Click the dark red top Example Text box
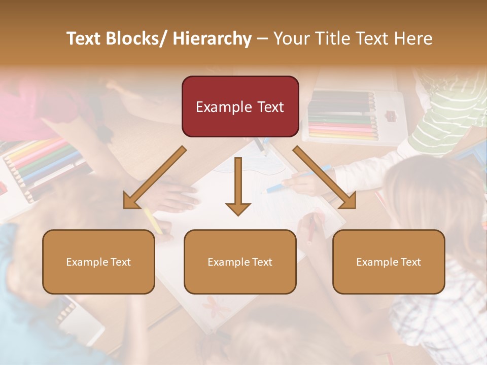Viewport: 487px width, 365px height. click(240, 106)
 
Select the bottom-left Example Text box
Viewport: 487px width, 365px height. click(98, 262)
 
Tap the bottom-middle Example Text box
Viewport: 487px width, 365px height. click(240, 262)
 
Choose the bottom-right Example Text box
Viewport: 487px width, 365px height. click(389, 262)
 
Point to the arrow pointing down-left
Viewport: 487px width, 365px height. click(155, 177)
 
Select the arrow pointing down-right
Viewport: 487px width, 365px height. click(325, 177)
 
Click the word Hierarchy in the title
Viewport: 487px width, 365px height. click(212, 39)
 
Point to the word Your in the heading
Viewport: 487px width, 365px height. click(291, 39)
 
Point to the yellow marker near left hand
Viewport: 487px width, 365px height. click(152, 221)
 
